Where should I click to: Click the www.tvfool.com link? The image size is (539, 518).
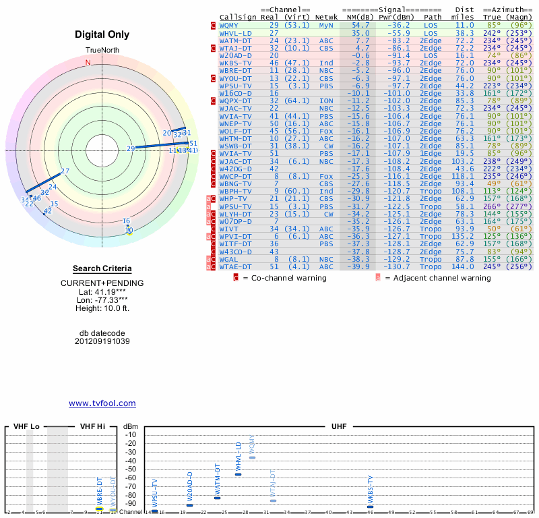pyautogui.click(x=102, y=403)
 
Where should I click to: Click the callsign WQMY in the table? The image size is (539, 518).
pyautogui.click(x=228, y=24)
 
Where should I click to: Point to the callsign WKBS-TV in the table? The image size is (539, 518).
pyautogui.click(x=236, y=63)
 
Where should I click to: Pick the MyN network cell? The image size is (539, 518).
pyautogui.click(x=326, y=24)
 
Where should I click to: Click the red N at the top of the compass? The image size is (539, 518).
pyautogui.click(x=88, y=62)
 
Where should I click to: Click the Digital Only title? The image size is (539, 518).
pyautogui.click(x=102, y=34)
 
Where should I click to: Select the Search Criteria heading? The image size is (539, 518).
pyautogui.click(x=102, y=268)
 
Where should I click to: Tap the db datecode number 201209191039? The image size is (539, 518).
pyautogui.click(x=102, y=341)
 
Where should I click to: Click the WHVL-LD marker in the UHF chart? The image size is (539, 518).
pyautogui.click(x=238, y=474)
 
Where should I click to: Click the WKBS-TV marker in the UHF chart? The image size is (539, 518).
pyautogui.click(x=371, y=507)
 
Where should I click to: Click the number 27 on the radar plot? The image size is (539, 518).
pyautogui.click(x=65, y=171)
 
